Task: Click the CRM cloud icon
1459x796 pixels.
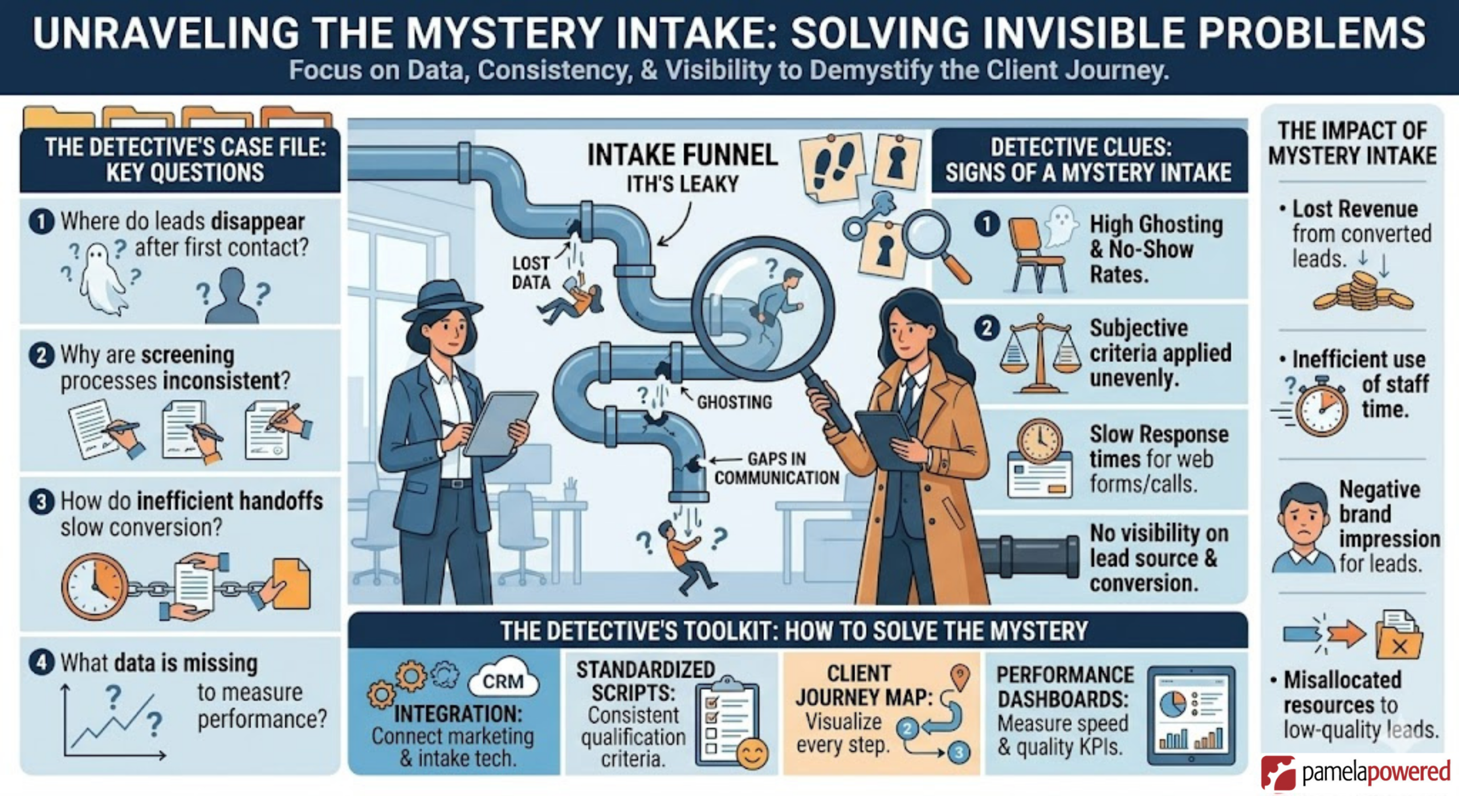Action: coord(503,680)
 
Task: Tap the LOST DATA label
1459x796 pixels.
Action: coord(531,273)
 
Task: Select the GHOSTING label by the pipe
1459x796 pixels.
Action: coord(734,402)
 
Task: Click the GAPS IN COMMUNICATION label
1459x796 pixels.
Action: coord(776,468)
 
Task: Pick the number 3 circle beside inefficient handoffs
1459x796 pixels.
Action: coord(42,502)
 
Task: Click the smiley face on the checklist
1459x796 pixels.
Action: coord(752,754)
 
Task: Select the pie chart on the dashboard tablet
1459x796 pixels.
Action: coord(1172,705)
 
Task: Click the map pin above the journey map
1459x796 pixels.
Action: coord(960,676)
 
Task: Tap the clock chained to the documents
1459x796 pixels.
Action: coord(94,587)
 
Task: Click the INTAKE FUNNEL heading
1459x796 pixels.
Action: coord(682,155)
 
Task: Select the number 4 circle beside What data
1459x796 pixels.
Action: coord(42,663)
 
